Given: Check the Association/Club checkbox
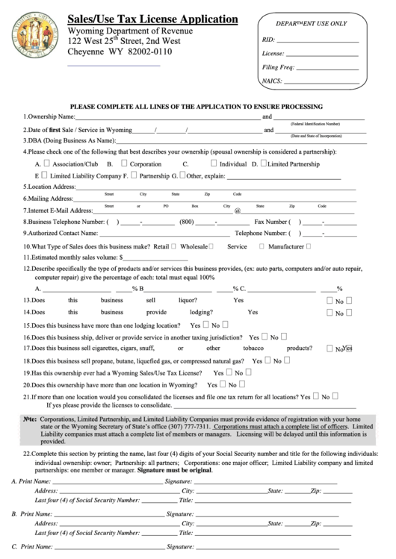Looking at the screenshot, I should click(x=46, y=163).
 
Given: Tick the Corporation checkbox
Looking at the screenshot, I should click(x=123, y=163).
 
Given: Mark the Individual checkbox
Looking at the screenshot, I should click(x=214, y=163).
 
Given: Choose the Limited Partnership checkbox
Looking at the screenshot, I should click(x=262, y=163).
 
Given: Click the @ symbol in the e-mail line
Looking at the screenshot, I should click(x=237, y=211).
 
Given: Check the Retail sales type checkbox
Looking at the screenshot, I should click(x=174, y=245).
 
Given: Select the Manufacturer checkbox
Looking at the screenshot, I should click(x=309, y=245).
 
